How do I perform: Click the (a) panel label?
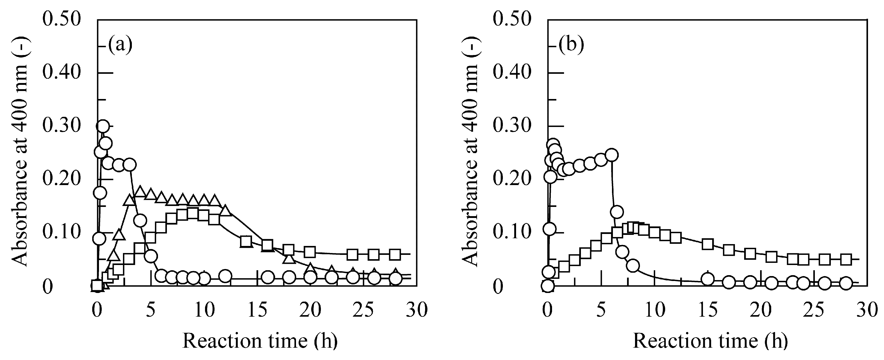pos(120,45)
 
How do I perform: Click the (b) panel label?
pos(571,45)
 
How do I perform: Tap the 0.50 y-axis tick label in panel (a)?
pos(62,18)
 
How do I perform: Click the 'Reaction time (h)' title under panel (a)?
pos(260,341)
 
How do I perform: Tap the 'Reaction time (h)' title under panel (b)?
pos(710,341)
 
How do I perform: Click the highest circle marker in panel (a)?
pos(103,126)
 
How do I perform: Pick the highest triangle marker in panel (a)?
pos(140,191)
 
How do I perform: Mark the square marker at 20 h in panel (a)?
pos(310,252)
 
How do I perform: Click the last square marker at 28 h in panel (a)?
pos(395,255)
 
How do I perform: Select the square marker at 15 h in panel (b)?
pos(708,244)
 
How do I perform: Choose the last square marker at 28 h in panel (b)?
pos(846,259)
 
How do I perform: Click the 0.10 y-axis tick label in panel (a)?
pos(62,233)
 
